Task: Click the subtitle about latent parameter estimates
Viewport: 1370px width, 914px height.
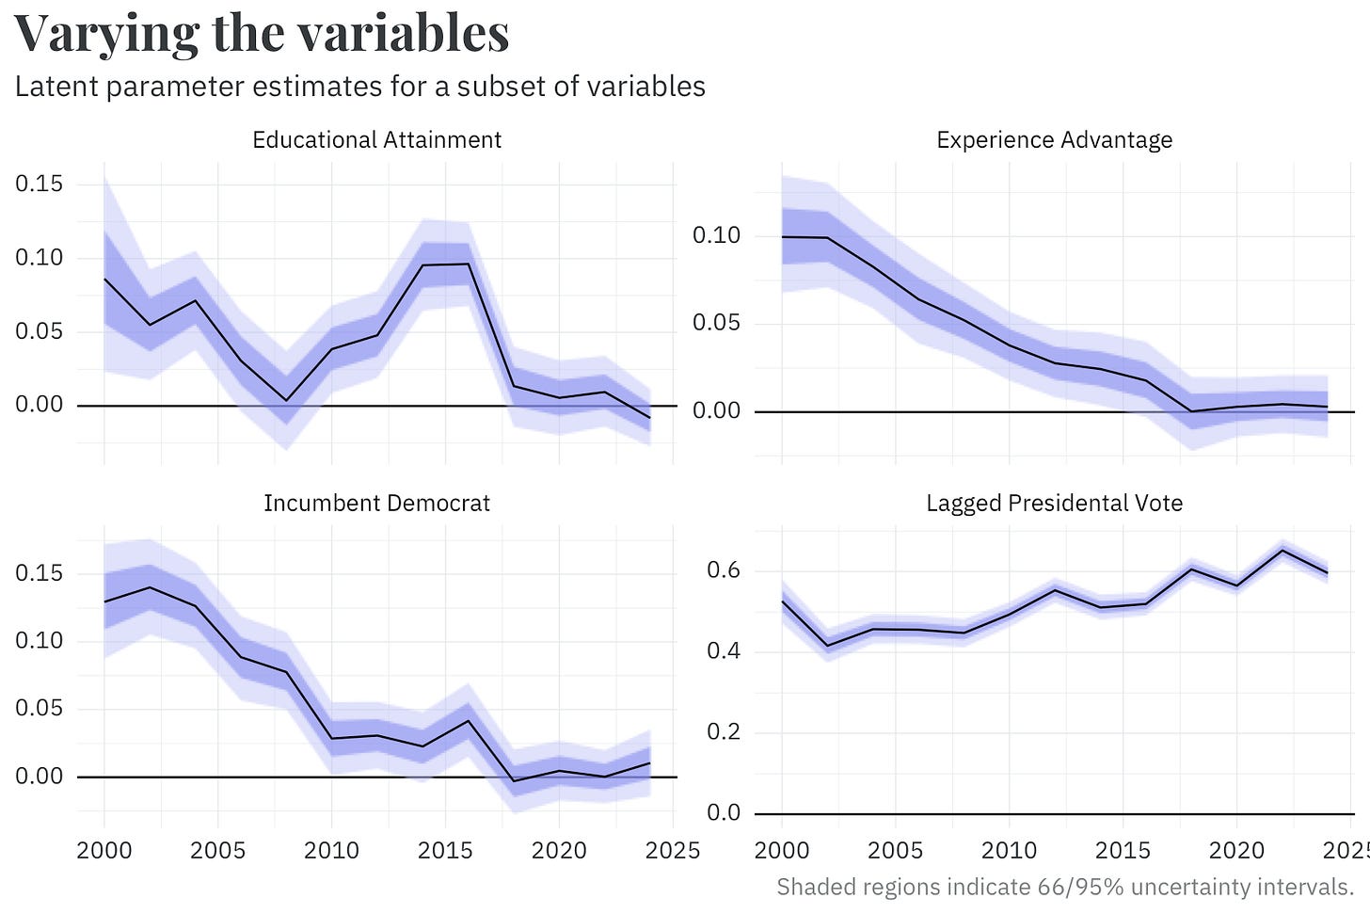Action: point(360,87)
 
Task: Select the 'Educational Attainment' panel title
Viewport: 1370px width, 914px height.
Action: point(376,140)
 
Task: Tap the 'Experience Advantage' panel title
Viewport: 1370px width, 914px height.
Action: point(1054,140)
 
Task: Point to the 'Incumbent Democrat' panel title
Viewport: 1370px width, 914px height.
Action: point(376,504)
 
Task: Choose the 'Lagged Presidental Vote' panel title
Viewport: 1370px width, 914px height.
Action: point(1054,504)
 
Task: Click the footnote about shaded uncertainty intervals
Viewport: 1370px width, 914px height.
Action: point(1064,887)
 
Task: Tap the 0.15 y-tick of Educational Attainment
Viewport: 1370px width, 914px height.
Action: point(39,184)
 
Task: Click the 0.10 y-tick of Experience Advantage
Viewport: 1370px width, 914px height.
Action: point(716,235)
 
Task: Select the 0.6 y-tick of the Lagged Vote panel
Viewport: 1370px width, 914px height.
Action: point(724,570)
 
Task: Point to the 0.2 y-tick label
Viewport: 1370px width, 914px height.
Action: point(724,732)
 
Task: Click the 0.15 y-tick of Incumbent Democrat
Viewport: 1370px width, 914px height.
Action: point(39,573)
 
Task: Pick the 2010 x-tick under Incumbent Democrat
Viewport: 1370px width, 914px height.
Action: point(331,851)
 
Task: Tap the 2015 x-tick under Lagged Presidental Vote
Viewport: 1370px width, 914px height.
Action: point(1123,851)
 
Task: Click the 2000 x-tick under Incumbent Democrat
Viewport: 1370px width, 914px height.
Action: point(104,851)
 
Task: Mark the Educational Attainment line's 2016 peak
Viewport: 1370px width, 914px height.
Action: point(469,264)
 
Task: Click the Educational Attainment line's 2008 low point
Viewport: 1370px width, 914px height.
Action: point(286,400)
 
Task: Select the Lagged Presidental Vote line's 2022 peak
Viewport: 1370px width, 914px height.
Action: point(1282,550)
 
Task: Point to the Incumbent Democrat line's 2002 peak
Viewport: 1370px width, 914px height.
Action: point(149,587)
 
